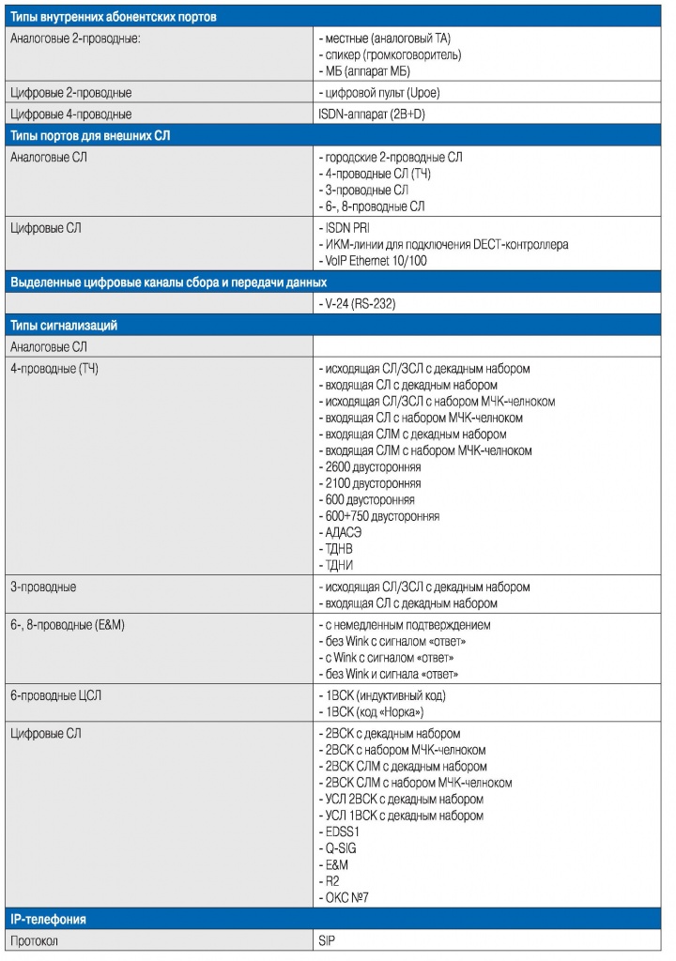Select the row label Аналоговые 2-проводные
coord(75,39)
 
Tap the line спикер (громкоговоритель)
coord(391,55)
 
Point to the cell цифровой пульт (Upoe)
coord(379,93)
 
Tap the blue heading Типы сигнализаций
coord(63,325)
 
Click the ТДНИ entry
coord(339,565)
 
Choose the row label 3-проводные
coord(43,587)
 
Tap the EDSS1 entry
coord(342,831)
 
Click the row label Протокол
coord(34,939)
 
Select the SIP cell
coord(328,939)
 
